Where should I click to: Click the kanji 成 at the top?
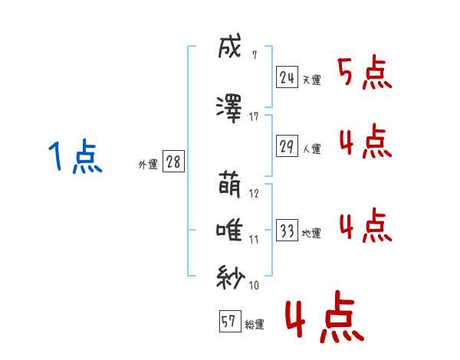pyautogui.click(x=230, y=46)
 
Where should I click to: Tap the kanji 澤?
pyautogui.click(x=229, y=109)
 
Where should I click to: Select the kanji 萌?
pyautogui.click(x=230, y=185)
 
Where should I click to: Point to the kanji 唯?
pyautogui.click(x=229, y=231)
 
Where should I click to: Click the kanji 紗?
pyautogui.click(x=230, y=277)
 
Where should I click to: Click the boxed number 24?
pyautogui.click(x=287, y=77)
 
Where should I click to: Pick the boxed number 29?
pyautogui.click(x=287, y=146)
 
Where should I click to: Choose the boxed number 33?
pyautogui.click(x=287, y=230)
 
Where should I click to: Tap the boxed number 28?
pyautogui.click(x=173, y=162)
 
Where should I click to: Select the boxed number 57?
pyautogui.click(x=230, y=321)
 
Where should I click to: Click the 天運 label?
pyautogui.click(x=312, y=80)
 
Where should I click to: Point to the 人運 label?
pyautogui.click(x=312, y=149)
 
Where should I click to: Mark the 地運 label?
pyautogui.click(x=311, y=234)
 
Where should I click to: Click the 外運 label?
pyautogui.click(x=148, y=165)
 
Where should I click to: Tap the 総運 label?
pyautogui.click(x=255, y=325)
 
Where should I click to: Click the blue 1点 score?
pyautogui.click(x=76, y=156)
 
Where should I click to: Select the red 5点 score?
pyautogui.click(x=365, y=72)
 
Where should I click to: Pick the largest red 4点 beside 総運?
pyautogui.click(x=325, y=316)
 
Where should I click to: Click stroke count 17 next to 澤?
pyautogui.click(x=254, y=117)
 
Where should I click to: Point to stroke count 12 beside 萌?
pyautogui.click(x=254, y=194)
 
